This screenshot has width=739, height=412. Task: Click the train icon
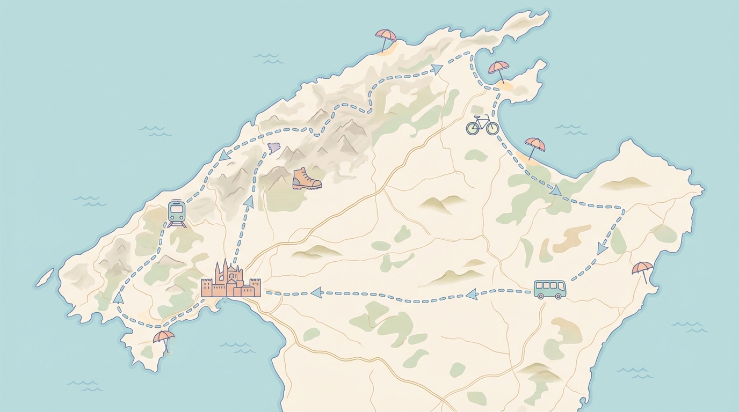[177, 213]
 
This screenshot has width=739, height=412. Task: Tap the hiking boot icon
[306, 179]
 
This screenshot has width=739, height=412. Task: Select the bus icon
[549, 289]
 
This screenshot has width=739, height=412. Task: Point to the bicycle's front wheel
[491, 128]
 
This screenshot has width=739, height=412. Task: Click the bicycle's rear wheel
[473, 128]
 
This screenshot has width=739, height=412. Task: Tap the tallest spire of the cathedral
[224, 267]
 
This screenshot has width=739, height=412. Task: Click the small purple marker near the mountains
[274, 148]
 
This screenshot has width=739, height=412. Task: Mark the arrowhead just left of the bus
[472, 293]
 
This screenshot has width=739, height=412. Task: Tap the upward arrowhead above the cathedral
[248, 201]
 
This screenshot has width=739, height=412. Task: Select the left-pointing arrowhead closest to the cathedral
[316, 292]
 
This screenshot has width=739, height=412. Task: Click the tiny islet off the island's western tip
[46, 277]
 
